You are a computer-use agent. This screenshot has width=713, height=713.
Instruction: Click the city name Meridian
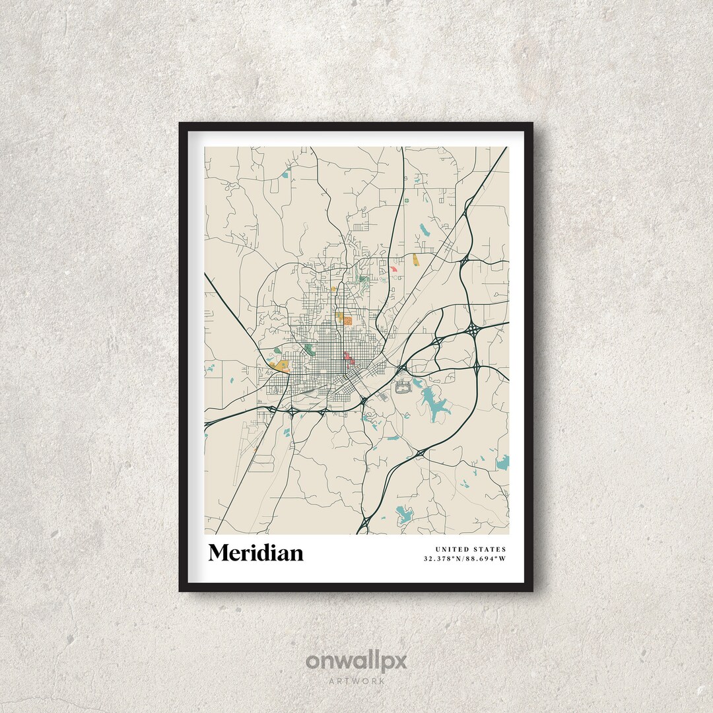(255, 553)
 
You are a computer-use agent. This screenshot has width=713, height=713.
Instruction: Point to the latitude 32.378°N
(445, 559)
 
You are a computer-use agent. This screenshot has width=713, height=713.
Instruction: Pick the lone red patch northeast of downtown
(393, 269)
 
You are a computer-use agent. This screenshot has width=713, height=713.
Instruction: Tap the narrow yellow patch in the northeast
(415, 259)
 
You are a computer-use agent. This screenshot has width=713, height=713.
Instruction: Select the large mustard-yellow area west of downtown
(280, 365)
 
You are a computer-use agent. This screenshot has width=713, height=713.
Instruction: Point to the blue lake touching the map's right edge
(503, 462)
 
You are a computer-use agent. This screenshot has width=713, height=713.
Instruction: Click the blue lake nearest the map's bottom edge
(403, 513)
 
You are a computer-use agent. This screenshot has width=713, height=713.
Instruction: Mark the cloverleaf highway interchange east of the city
(473, 328)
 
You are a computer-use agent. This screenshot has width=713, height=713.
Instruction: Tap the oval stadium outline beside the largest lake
(403, 390)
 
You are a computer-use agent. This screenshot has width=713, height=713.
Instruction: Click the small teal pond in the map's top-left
(286, 175)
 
